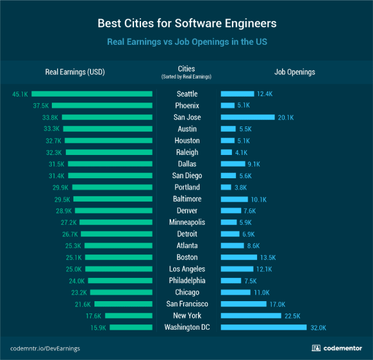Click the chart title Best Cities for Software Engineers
tap(186, 24)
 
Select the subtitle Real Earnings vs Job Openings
tap(186, 42)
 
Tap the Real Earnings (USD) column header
tap(75, 72)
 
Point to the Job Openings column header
tap(294, 72)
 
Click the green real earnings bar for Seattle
tap(92, 94)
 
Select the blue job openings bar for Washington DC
tap(263, 327)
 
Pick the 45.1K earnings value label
tap(20, 94)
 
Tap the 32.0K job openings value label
tap(318, 327)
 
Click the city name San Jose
tap(186, 117)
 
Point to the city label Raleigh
tap(186, 152)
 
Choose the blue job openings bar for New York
tap(251, 316)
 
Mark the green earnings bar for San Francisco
tap(123, 304)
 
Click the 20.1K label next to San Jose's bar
tap(286, 117)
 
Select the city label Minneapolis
tap(186, 222)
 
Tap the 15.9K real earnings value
tap(98, 327)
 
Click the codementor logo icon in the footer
tap(316, 348)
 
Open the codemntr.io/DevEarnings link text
tap(45, 348)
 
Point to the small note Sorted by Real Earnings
tap(186, 77)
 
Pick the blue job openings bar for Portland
tap(226, 187)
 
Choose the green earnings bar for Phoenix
tap(103, 105)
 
